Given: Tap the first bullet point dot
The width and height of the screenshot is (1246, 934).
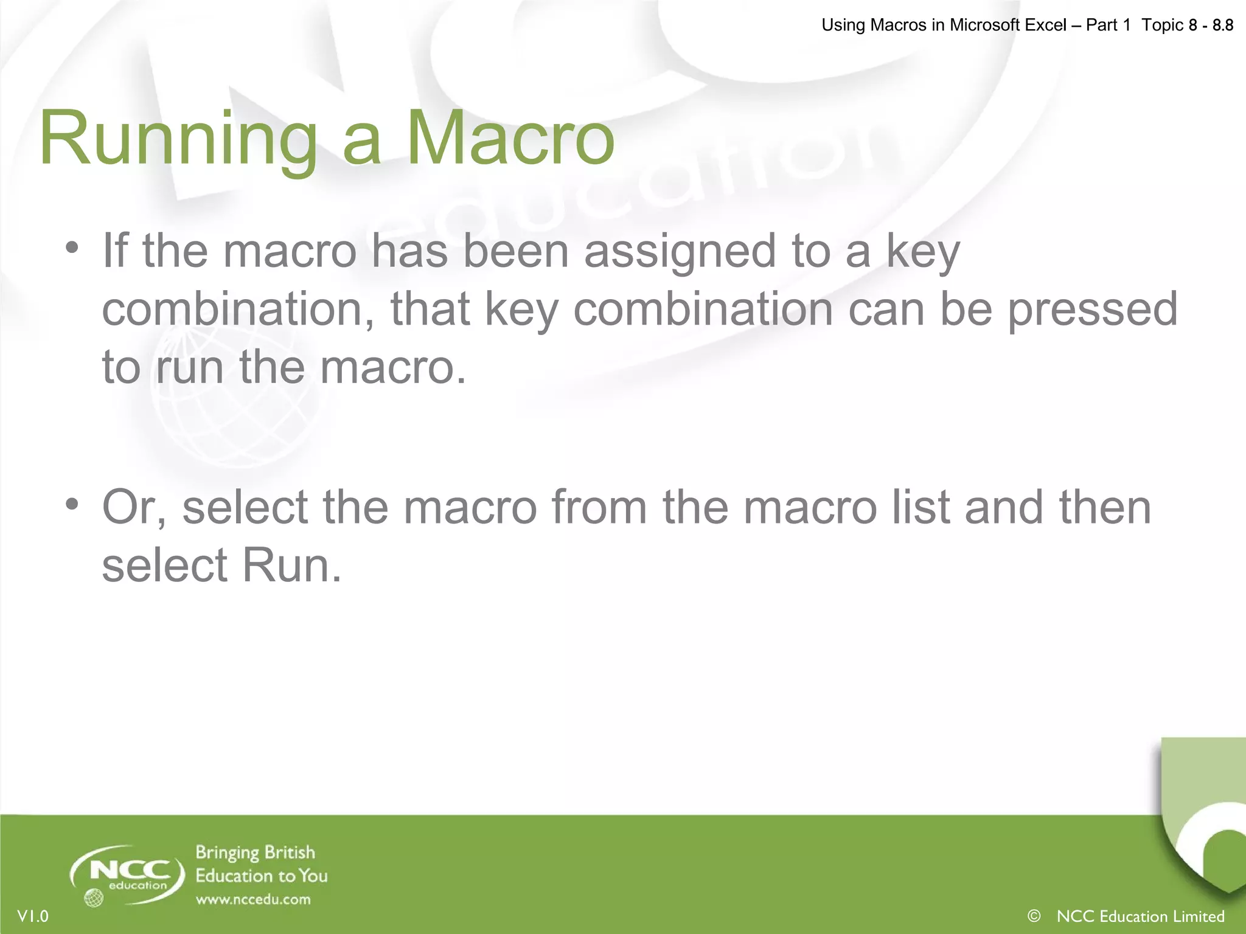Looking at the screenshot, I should point(72,248).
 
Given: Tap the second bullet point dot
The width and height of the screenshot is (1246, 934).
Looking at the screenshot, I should point(72,504).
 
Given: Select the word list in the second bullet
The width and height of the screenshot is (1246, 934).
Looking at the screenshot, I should point(921,507).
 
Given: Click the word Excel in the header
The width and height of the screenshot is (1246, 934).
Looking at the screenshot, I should point(1046,26).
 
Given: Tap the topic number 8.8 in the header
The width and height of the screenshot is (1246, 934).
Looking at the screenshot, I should point(1222,26).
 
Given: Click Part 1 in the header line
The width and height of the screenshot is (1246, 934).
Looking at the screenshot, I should point(1108,26).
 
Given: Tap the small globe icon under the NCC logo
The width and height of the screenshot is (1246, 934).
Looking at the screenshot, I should point(94,898).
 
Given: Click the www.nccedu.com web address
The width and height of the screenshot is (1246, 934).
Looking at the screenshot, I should point(253,899).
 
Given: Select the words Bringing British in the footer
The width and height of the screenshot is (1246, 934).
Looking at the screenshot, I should point(255,853).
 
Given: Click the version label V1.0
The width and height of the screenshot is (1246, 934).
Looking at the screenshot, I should point(33,916).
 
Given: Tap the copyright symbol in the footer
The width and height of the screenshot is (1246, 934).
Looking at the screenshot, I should point(1034,916).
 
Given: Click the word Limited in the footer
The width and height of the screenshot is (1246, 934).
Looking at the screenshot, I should point(1198,916).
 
